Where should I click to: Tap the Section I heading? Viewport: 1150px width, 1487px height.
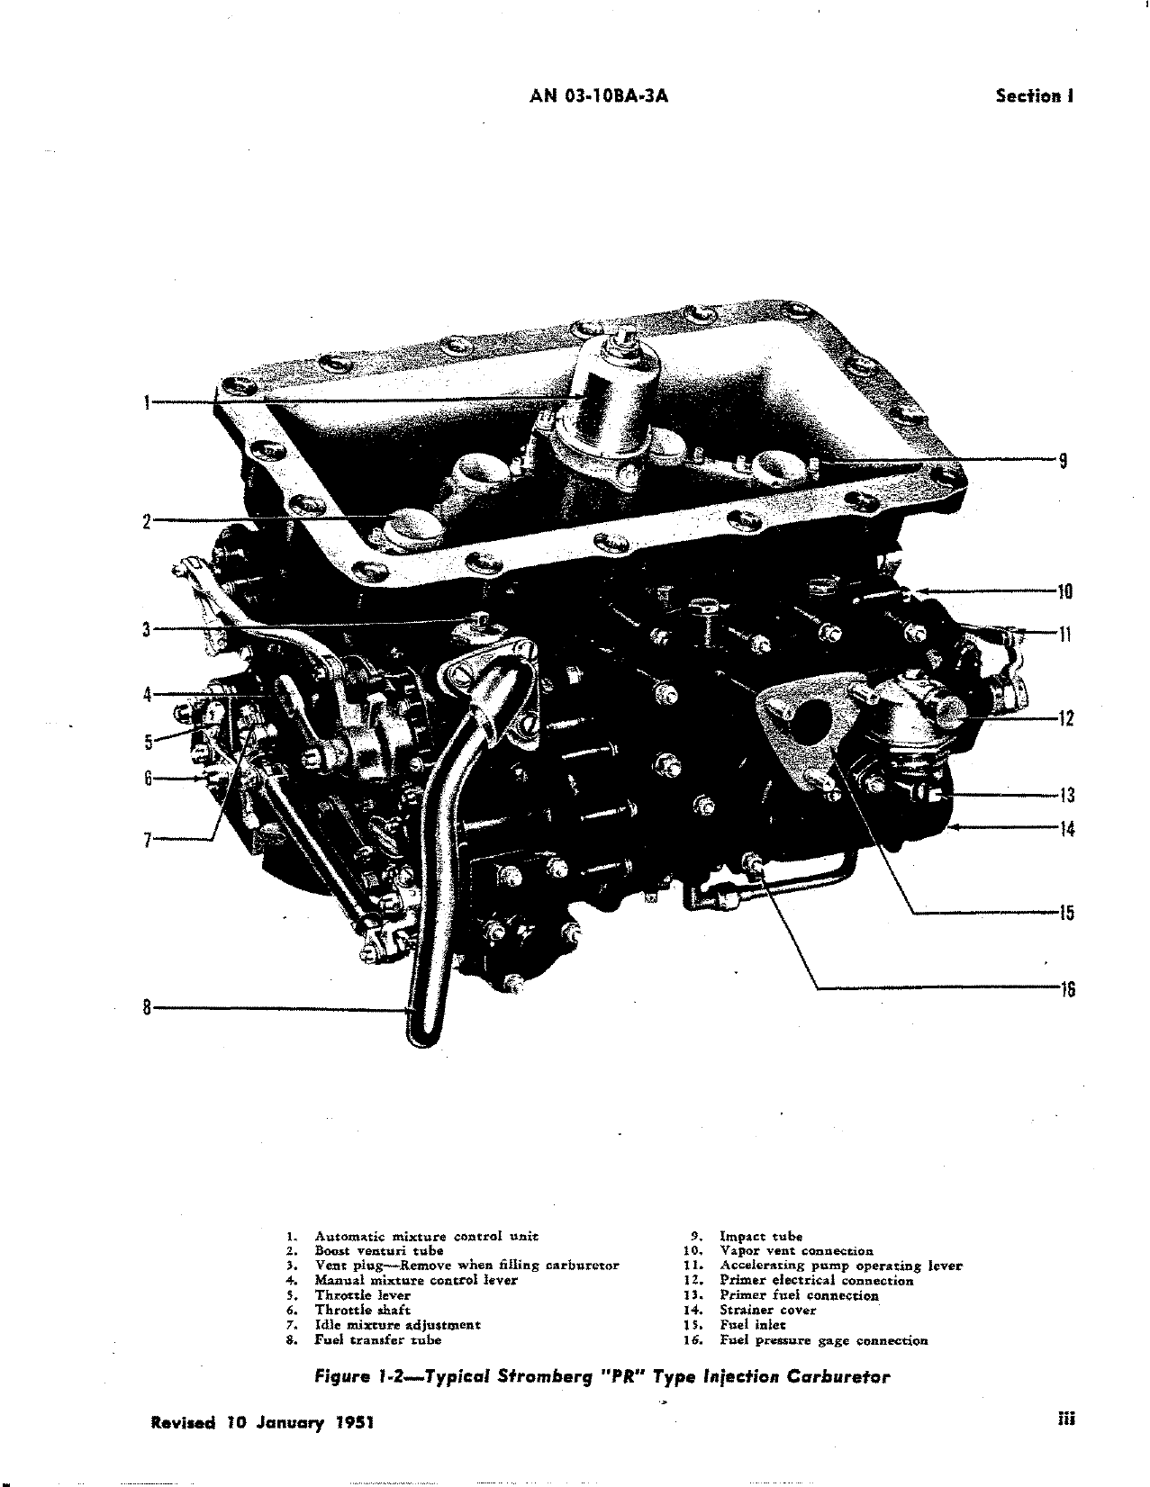point(1034,96)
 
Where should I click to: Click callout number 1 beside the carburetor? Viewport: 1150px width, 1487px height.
point(146,401)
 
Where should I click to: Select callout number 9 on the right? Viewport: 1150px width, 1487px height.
point(1063,461)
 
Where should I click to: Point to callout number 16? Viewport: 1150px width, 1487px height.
point(1066,990)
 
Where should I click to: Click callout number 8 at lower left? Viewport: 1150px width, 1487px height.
point(146,1007)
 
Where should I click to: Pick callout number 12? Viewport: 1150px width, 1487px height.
point(1065,719)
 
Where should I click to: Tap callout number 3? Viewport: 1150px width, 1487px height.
point(146,629)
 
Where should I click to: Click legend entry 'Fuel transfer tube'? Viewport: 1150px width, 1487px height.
point(377,1339)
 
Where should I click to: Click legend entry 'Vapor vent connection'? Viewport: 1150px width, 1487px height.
point(796,1250)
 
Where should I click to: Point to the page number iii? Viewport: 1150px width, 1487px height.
point(1067,1420)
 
